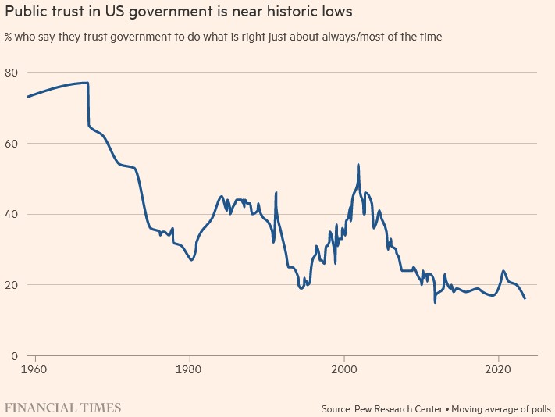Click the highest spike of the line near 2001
358,165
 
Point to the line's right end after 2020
525,298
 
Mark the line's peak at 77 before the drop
87,83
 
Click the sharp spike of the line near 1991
276,192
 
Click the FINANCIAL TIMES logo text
63,408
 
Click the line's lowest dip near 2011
435,301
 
